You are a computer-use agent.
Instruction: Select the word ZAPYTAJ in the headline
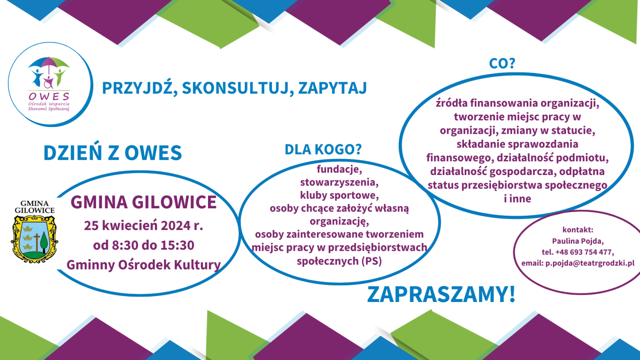pos(333,88)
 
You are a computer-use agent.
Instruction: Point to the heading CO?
pos(502,64)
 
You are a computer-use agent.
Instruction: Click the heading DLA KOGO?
pos(323,149)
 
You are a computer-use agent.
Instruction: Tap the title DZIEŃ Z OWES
pos(112,152)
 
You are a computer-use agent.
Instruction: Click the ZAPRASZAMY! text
pos(441,294)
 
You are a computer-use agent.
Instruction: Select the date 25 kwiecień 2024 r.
pos(144,226)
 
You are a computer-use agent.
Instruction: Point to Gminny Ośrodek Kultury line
pos(144,265)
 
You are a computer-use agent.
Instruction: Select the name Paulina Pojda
pos(578,241)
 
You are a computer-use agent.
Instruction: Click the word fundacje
pos(339,169)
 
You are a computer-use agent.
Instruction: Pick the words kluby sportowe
pos(339,195)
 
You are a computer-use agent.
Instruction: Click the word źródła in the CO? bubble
pos(452,103)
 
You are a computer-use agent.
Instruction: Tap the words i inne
pos(517,199)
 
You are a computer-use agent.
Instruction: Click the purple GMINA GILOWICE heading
pos(144,202)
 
